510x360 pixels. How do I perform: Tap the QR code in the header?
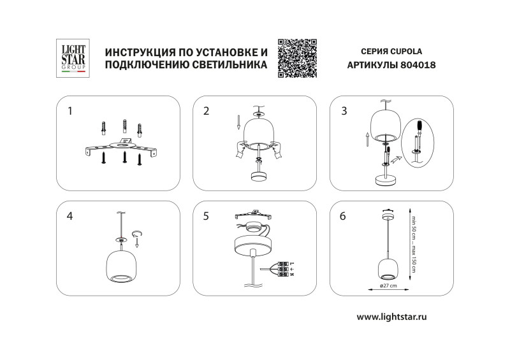298,58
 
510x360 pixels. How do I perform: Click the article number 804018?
418,65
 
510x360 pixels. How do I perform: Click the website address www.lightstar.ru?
391,317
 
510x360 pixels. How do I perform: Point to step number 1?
70,111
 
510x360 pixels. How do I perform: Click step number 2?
206,111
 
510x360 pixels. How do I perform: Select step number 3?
344,111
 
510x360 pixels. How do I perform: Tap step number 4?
70,216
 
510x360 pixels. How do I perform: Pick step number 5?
206,216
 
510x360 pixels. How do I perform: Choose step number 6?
344,216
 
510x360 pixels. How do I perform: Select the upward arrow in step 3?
367,140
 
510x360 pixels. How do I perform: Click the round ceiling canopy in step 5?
253,243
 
